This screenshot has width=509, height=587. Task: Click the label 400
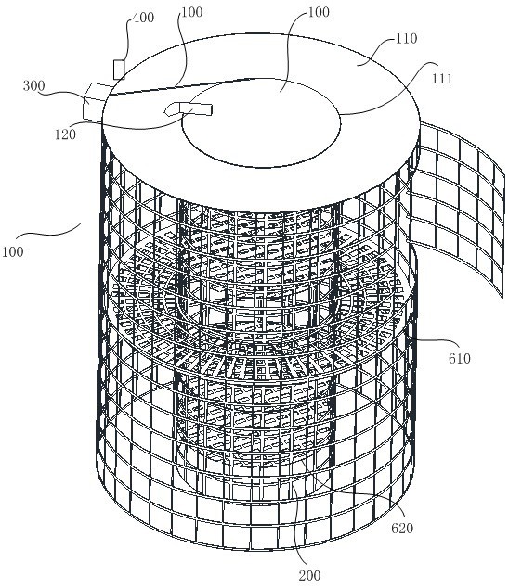(143, 18)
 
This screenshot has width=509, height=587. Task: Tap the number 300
(33, 85)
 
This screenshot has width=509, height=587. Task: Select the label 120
(65, 134)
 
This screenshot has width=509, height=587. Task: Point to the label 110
(407, 38)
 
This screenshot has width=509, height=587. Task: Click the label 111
(442, 78)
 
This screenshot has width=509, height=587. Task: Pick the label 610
(459, 358)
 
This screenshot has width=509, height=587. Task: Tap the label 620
(402, 528)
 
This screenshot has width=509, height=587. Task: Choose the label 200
(309, 575)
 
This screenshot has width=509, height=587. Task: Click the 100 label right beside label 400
(192, 12)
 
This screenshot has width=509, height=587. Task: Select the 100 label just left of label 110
(319, 12)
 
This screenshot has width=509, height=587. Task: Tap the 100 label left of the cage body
(13, 251)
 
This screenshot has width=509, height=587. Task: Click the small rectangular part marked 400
(119, 70)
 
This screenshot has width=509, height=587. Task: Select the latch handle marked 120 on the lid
(189, 108)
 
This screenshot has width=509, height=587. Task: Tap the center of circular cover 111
(261, 122)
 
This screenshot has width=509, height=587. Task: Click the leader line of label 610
(437, 341)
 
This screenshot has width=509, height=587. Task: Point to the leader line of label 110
(375, 52)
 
